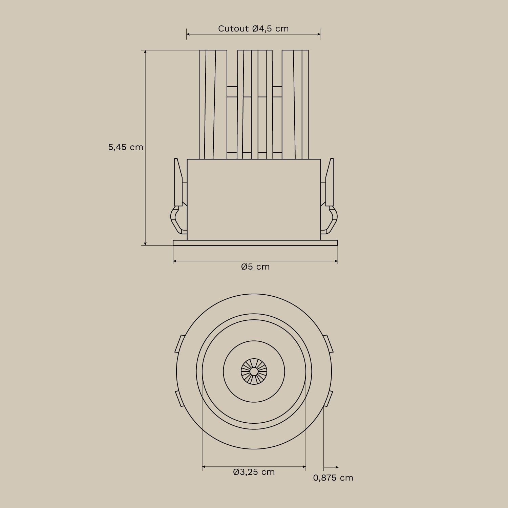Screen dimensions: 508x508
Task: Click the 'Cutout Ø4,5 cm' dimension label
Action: (x=253, y=29)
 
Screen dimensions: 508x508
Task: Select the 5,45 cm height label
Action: (x=126, y=147)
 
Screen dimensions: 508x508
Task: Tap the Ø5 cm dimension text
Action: (x=255, y=267)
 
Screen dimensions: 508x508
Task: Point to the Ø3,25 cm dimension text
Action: (x=254, y=472)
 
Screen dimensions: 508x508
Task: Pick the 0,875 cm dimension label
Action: (x=333, y=478)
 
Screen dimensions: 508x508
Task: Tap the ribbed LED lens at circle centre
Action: (x=254, y=372)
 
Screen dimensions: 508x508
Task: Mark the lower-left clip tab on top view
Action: (x=179, y=399)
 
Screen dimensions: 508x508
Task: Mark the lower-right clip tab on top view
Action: (x=329, y=399)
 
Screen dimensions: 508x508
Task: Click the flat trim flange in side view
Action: (x=255, y=243)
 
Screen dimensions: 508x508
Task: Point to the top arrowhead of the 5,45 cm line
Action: (x=145, y=52)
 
